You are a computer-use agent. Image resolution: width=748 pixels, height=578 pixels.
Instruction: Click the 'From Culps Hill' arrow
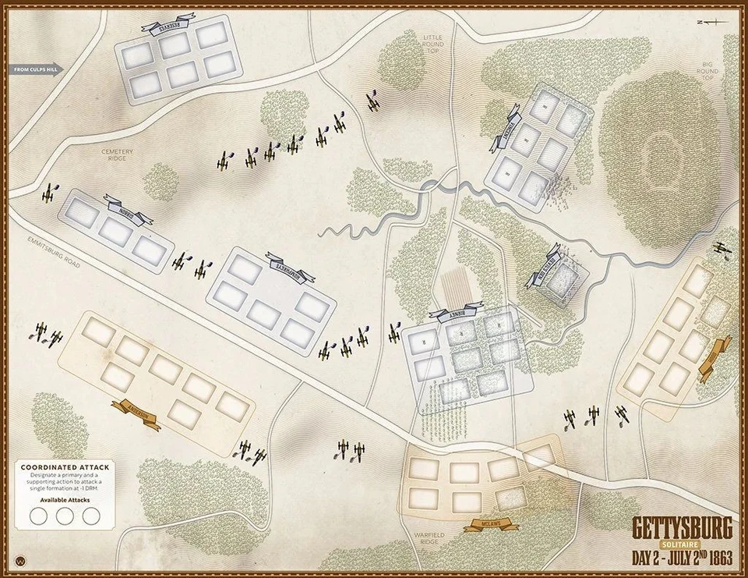click(x=37, y=70)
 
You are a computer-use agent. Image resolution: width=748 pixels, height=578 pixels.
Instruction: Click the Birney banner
click(x=456, y=314)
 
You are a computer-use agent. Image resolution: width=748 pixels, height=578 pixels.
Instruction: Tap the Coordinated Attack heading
click(x=65, y=466)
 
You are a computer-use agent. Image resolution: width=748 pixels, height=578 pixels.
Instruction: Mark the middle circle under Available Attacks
click(x=65, y=516)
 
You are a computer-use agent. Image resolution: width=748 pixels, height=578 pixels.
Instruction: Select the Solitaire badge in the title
click(x=681, y=544)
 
